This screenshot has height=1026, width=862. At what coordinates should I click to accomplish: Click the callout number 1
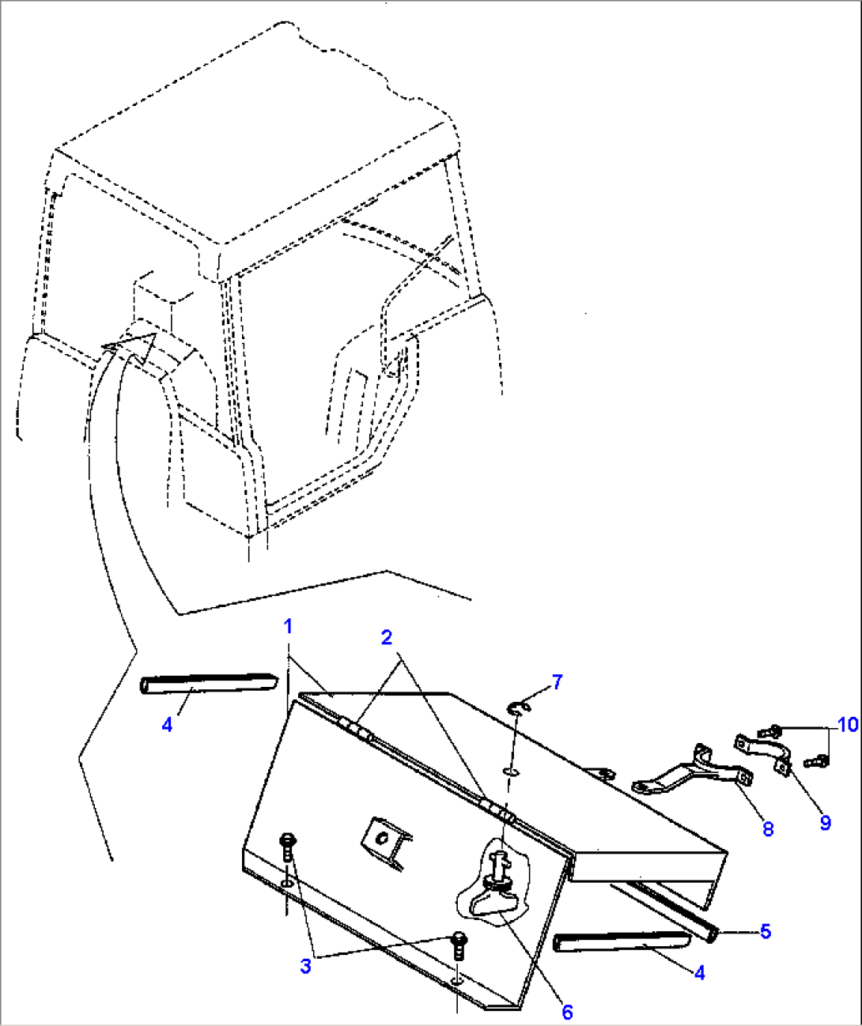coord(288,627)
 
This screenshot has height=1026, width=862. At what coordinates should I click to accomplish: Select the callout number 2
coord(386,637)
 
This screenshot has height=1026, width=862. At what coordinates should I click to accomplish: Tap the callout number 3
coord(305,965)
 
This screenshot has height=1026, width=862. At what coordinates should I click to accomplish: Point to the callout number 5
coord(765,931)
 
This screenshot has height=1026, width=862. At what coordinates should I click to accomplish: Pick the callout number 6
coord(567,1012)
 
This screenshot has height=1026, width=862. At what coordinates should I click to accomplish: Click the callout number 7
coord(557,681)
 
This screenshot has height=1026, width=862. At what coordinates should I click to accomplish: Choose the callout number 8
coord(767,828)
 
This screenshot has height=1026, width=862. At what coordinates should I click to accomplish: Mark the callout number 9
coord(825,823)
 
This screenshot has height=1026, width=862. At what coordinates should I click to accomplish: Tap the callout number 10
coord(847,724)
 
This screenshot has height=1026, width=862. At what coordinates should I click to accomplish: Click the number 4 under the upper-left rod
coord(167,724)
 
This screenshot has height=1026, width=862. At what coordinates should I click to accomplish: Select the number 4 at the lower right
coord(699,972)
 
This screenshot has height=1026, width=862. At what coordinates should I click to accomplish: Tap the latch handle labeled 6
coord(494,892)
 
